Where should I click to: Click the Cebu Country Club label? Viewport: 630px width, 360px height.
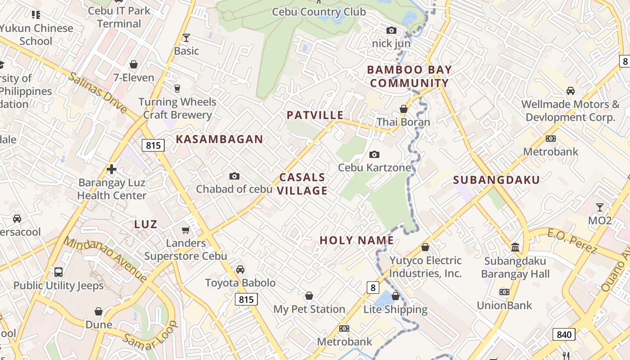319,12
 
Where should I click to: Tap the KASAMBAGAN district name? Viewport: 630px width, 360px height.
219,139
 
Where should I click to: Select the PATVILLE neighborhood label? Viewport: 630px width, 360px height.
315,115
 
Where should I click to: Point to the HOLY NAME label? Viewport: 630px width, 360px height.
356,240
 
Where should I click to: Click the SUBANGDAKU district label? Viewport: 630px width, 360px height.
496,180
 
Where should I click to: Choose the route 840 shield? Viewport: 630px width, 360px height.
563,334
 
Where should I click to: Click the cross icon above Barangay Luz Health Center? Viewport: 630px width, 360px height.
111,169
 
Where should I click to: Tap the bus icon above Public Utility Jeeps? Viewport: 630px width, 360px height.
58,272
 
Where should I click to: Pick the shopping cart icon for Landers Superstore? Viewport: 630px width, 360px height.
185,230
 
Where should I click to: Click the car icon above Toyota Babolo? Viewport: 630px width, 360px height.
240,270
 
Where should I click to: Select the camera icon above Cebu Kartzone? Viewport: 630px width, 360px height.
374,154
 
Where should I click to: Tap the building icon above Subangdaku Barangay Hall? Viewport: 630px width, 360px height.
515,247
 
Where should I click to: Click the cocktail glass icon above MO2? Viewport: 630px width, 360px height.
599,207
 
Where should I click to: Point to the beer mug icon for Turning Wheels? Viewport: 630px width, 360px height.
177,88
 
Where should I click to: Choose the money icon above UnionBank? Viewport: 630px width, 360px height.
504,292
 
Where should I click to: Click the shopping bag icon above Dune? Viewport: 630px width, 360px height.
99,311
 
